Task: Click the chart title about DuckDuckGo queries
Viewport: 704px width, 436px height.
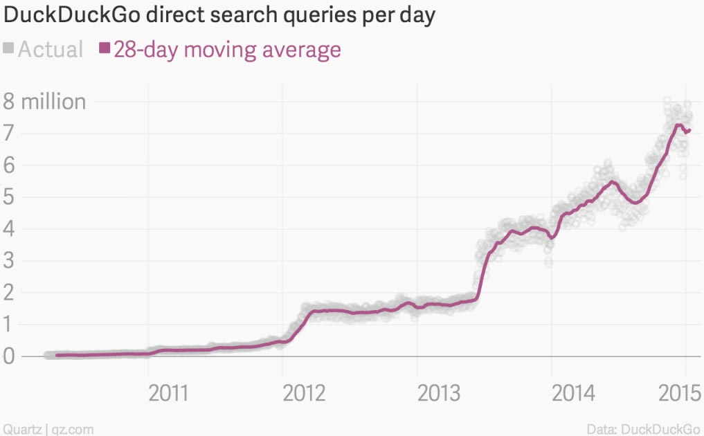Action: coord(219,15)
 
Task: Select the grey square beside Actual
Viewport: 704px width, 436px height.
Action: coord(9,48)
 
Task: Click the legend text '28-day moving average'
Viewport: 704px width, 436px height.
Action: coord(227,50)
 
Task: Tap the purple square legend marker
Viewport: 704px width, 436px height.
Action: coord(105,48)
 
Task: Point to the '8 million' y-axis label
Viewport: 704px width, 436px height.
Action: coord(44,102)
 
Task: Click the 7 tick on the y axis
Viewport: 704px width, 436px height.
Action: coord(9,134)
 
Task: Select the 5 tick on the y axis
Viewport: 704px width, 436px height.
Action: coord(9,197)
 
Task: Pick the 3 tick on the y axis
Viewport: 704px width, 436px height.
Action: coord(9,261)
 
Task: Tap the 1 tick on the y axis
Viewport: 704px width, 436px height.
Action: coord(9,325)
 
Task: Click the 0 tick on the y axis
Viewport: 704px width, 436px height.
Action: coord(9,356)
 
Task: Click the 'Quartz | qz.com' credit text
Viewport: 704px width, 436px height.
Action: coord(47,429)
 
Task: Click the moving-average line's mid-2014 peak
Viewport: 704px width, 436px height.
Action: coord(612,181)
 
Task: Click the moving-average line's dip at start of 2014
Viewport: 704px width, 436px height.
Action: coord(551,238)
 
